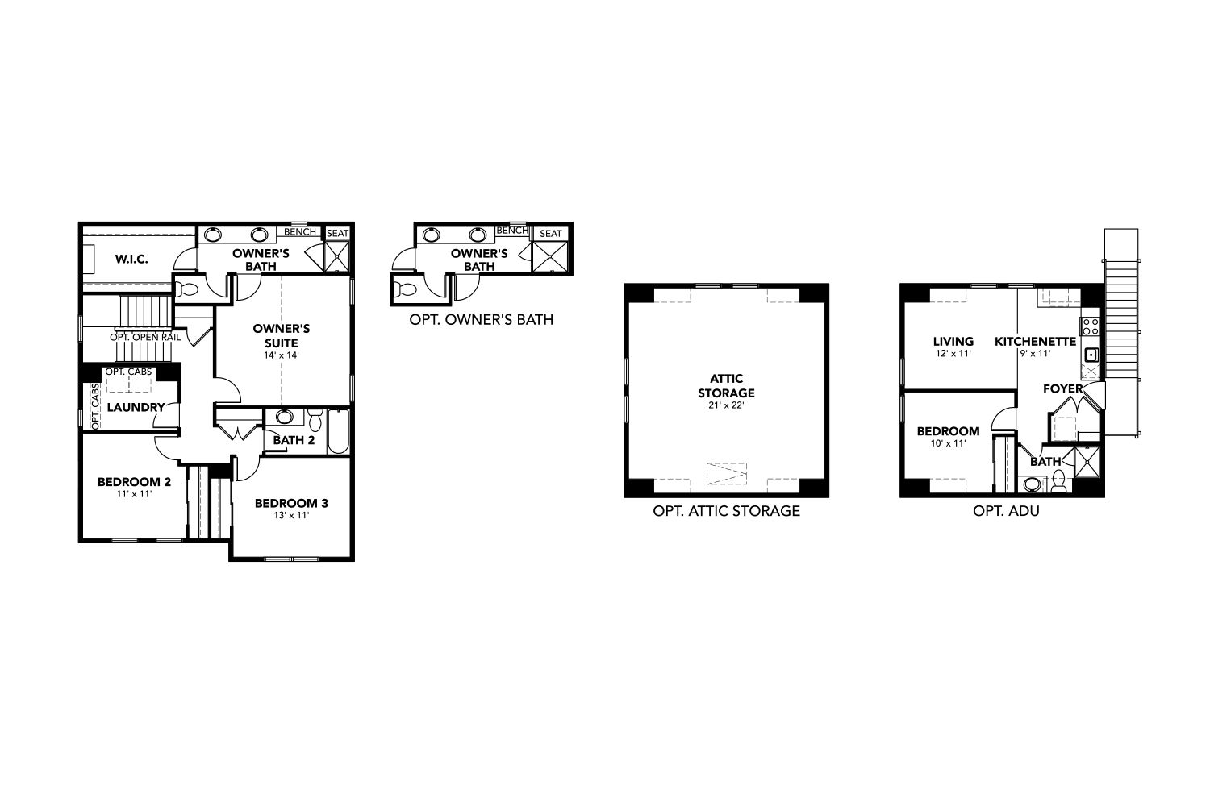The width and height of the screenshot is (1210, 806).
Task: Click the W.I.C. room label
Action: pos(131,260)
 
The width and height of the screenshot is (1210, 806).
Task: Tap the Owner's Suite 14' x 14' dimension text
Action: pos(282,355)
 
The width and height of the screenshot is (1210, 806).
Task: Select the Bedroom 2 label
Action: pos(134,481)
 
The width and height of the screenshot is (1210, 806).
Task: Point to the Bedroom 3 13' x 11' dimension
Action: pos(291,515)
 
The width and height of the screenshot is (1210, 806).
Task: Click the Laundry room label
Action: pos(136,407)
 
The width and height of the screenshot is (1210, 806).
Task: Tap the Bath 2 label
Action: pos(294,440)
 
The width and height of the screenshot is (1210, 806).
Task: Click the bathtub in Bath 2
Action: pos(338,432)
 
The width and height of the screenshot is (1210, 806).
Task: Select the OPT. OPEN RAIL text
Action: pos(145,338)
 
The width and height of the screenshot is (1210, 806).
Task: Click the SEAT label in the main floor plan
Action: pos(338,233)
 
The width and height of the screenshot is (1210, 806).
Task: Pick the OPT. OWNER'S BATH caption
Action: pos(482,320)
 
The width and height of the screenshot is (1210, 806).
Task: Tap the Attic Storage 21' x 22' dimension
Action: pos(726,405)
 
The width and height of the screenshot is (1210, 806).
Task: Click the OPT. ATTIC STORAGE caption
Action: pos(727,511)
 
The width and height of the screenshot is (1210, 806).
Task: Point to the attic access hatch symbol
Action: pos(727,473)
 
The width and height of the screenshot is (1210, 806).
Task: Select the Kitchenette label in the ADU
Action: pos(1036,341)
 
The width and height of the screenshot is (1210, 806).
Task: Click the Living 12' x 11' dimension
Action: pos(953,354)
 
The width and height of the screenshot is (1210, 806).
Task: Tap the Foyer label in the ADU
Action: pos(1063,388)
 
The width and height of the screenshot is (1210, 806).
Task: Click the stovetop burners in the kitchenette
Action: pos(1090,326)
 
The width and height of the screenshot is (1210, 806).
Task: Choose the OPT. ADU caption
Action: pos(1007,511)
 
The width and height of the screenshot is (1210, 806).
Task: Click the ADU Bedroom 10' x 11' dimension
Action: pos(948,443)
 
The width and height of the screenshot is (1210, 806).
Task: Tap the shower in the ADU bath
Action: pos(1087,462)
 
